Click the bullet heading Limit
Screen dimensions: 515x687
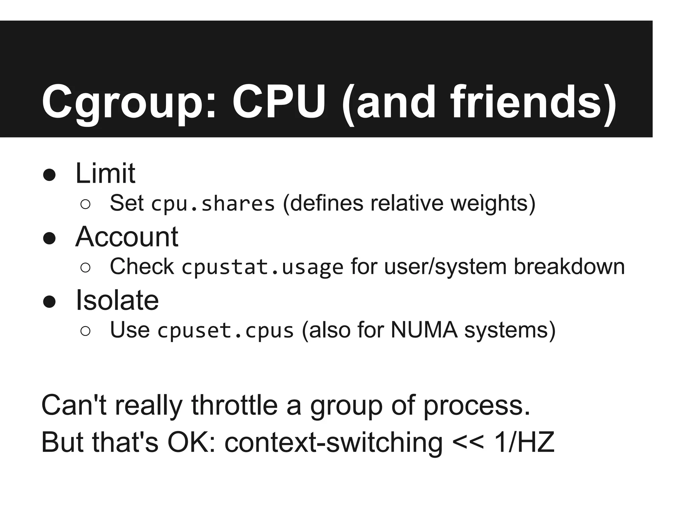(x=105, y=173)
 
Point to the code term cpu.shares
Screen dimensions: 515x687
(x=213, y=204)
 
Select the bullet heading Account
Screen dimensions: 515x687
(x=127, y=237)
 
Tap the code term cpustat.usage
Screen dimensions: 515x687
(x=262, y=267)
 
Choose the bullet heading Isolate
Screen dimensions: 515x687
(x=117, y=300)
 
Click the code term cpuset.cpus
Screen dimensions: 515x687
(x=225, y=331)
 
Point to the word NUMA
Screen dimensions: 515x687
(x=424, y=330)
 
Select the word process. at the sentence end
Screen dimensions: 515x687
(x=477, y=406)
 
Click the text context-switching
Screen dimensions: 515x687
(x=333, y=443)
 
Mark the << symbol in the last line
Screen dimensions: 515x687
(x=468, y=443)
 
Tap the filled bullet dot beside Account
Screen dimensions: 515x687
(x=49, y=238)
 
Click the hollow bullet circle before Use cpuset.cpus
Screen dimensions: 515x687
(x=86, y=331)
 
